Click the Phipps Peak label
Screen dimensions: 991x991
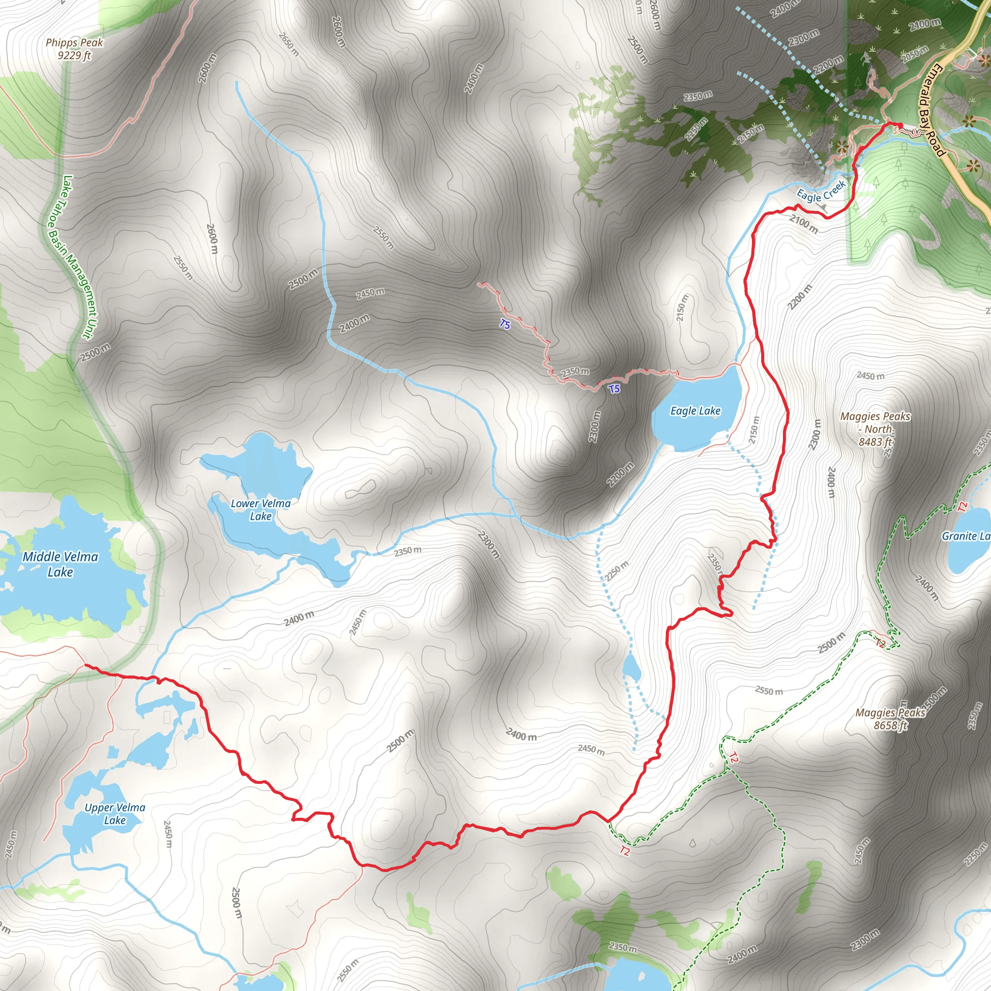coord(75,49)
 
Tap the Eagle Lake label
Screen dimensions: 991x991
coord(695,411)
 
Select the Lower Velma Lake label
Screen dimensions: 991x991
coord(261,510)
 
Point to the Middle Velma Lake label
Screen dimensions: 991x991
coord(60,564)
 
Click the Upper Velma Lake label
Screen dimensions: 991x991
coord(115,813)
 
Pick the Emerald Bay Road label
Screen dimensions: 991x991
coord(931,110)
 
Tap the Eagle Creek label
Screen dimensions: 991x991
coord(821,191)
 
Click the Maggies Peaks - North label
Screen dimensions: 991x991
coord(875,429)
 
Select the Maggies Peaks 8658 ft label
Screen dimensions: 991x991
coord(890,719)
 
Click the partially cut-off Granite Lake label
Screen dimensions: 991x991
coord(966,536)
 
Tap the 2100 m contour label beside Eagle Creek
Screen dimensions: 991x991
coord(803,224)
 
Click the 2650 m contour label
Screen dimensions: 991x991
coord(288,44)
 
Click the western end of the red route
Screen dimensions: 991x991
coord(86,665)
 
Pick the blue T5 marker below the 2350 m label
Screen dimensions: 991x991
coord(614,389)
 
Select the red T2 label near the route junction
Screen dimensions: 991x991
coord(624,851)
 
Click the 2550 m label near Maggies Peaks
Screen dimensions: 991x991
coord(768,691)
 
